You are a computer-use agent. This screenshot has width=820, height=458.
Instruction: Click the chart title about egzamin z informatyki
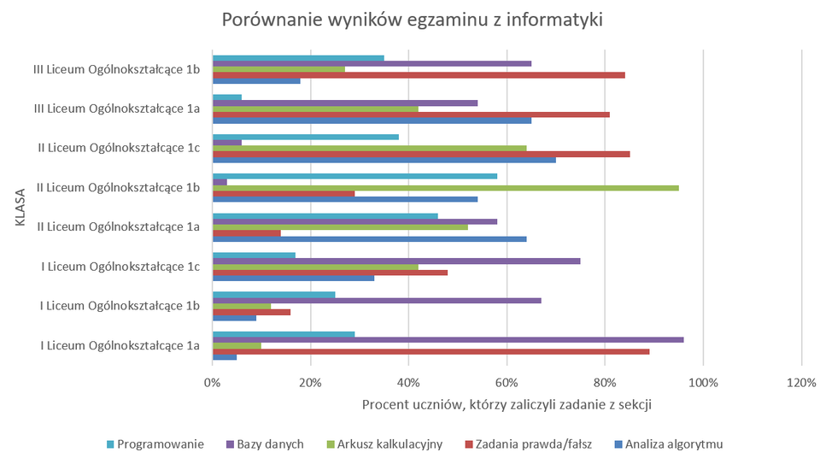[x=413, y=20]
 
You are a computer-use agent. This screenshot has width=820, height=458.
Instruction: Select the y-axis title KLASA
[x=20, y=207]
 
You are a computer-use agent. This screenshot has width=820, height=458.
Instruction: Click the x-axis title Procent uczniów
[x=507, y=405]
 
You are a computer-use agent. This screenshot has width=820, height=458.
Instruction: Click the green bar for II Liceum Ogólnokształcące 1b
[x=445, y=187]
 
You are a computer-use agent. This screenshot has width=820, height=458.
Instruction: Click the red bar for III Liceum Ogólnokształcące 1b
[x=419, y=75]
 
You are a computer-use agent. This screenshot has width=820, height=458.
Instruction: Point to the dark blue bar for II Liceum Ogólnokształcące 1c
[x=384, y=160]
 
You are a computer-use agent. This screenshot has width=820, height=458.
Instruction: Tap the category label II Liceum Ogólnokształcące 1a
[x=120, y=226]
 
